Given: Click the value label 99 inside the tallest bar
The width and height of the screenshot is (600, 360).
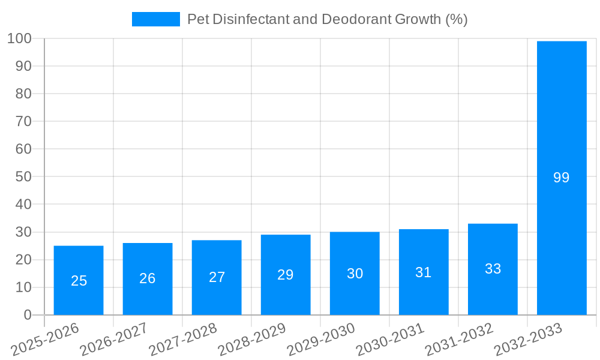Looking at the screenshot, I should pos(561,178).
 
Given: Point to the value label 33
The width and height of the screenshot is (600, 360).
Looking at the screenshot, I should pos(493,269).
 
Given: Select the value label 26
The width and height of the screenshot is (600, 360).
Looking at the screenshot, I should pos(148,278).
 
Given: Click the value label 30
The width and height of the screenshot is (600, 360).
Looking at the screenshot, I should pos(355,274).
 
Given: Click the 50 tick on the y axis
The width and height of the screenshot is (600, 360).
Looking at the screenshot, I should pos(23,177).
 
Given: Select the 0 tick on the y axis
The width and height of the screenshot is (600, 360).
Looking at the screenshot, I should pos(28,315).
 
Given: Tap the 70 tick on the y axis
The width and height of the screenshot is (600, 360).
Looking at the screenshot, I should pos(23,122).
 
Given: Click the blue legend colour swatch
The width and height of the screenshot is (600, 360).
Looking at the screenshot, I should pos(155,19).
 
